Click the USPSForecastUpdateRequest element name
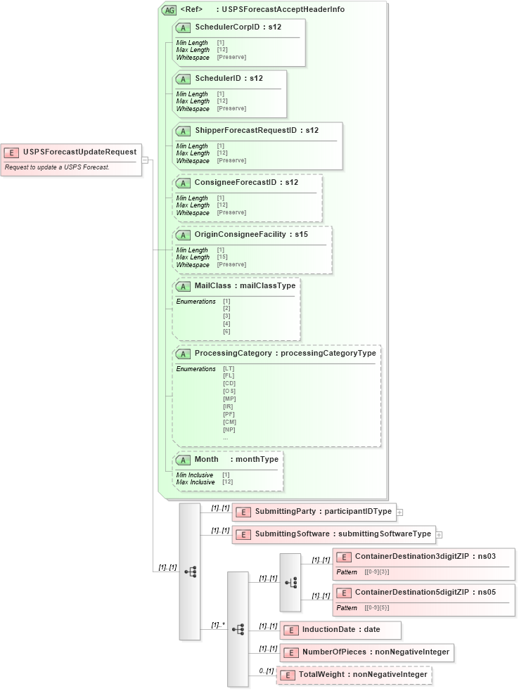click(x=79, y=152)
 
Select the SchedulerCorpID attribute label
click(x=228, y=27)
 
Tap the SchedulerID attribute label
click(x=219, y=78)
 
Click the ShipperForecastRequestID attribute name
click(x=246, y=130)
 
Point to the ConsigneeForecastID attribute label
click(x=236, y=182)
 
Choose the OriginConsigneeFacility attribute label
click(x=241, y=234)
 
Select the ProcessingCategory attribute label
click(x=233, y=353)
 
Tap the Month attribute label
click(x=207, y=459)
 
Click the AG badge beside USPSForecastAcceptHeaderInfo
click(x=169, y=10)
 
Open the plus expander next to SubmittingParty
click(x=399, y=512)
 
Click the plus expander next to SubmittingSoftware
click(x=439, y=534)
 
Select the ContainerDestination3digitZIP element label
click(x=411, y=556)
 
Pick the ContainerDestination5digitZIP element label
click(x=411, y=592)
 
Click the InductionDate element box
click(x=340, y=630)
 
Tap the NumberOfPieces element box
click(x=366, y=652)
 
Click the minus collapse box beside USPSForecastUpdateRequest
click(x=145, y=160)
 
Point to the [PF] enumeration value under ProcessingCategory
click(x=229, y=414)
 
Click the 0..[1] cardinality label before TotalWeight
click(x=266, y=671)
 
